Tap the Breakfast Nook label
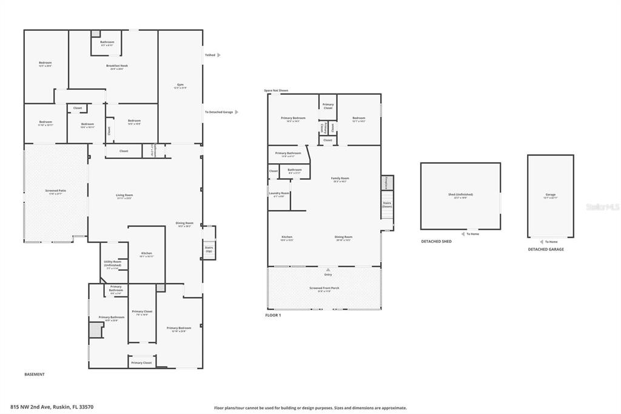116,66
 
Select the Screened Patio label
56,191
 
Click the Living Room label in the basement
124,195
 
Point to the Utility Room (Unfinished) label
113,263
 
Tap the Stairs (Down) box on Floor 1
387,205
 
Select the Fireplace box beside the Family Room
387,182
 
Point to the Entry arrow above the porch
328,269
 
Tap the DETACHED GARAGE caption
545,249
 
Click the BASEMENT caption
35,375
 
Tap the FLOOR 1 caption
274,315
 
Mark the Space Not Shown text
276,90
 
